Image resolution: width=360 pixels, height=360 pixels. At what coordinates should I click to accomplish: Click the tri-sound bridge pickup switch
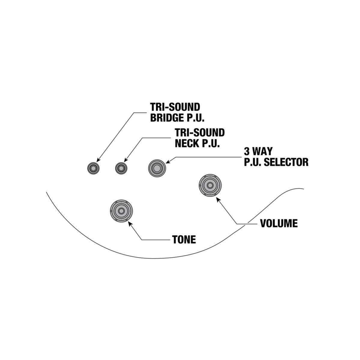(x=93, y=168)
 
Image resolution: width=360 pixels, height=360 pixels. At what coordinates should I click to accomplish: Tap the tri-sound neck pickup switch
(x=121, y=168)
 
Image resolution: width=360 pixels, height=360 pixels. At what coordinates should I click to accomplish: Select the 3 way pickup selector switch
(x=157, y=168)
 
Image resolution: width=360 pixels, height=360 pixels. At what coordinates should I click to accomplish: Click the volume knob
(x=210, y=185)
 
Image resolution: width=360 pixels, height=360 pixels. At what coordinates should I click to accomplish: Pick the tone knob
(x=122, y=211)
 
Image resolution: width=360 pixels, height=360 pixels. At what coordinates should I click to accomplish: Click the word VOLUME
(x=279, y=223)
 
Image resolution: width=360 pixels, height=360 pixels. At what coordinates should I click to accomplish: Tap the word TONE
(x=184, y=240)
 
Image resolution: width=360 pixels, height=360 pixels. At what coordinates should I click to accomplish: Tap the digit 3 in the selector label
(x=246, y=152)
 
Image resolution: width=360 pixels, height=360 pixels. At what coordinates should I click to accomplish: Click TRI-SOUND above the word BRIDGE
(x=175, y=107)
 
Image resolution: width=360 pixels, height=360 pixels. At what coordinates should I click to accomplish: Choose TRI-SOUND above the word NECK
(x=200, y=133)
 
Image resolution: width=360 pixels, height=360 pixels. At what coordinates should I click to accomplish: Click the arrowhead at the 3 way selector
(x=168, y=161)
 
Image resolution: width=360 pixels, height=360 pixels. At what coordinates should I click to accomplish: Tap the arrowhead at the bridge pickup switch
(x=98, y=160)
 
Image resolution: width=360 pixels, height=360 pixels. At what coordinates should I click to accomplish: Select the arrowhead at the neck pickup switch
(x=126, y=160)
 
